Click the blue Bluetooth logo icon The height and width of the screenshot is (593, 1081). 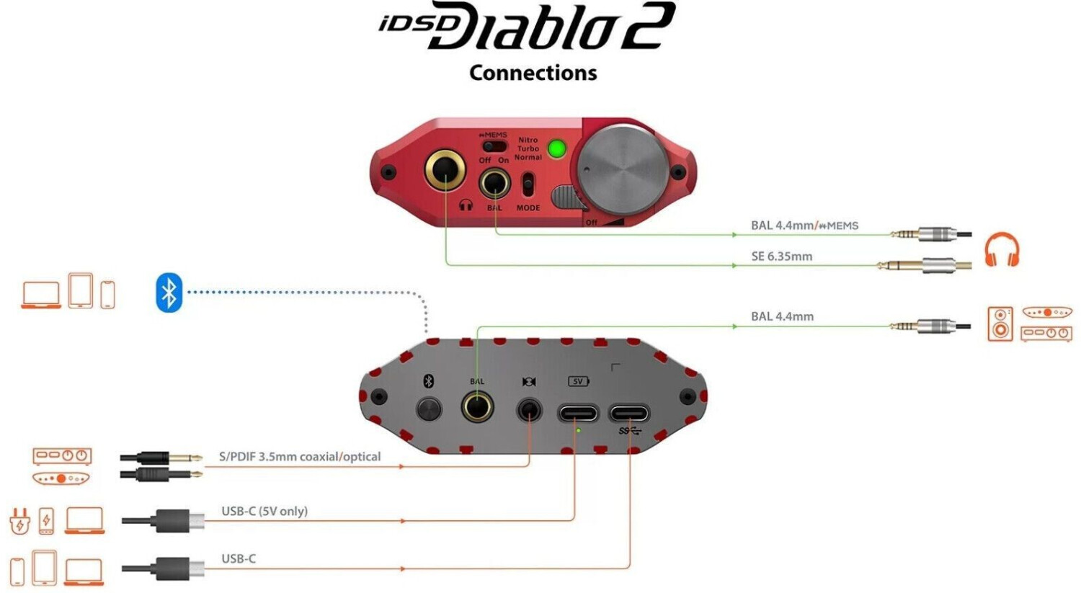169,293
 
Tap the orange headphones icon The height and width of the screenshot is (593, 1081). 1002,249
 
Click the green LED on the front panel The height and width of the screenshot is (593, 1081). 556,148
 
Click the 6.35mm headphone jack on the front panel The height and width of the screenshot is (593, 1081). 445,170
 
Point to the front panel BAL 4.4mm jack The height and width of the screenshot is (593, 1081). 494,183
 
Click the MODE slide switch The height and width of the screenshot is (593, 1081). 528,184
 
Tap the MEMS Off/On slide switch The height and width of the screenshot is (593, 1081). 495,146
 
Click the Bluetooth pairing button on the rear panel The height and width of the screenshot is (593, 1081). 429,410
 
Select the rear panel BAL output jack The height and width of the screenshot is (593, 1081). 477,406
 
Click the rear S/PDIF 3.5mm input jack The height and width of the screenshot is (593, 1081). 530,411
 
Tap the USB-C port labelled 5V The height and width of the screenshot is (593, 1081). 578,413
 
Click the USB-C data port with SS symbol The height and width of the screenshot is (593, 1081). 629,413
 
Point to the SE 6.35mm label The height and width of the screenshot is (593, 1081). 782,257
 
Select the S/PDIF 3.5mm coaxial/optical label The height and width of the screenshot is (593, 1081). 300,456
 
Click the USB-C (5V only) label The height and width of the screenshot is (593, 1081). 264,511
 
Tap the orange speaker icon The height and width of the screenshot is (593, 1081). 1000,324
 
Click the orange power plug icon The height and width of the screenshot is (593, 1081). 19,521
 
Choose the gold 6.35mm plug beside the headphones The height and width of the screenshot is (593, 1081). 924,265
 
